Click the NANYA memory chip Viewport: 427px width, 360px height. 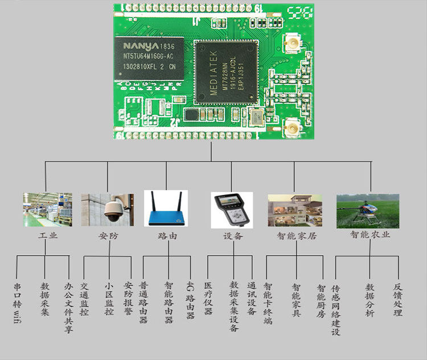click(151, 59)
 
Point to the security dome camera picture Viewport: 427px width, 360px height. click(107, 209)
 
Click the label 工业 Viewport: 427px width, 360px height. click(48, 236)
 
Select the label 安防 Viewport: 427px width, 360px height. click(108, 236)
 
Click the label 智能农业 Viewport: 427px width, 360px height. click(370, 235)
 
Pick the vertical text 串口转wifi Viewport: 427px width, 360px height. click(17, 301)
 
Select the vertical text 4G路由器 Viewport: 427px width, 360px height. click(190, 299)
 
